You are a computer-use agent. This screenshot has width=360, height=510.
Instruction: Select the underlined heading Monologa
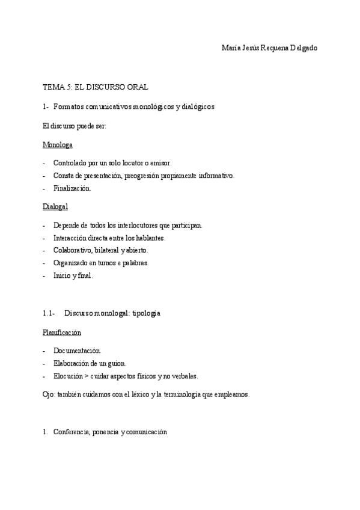[58, 145]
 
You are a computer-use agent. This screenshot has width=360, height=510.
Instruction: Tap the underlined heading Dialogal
[55, 207]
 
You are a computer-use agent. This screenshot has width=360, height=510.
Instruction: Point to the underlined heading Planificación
[62, 332]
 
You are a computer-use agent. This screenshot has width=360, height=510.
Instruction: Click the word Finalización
[72, 188]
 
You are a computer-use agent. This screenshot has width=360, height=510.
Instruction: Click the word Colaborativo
[72, 250]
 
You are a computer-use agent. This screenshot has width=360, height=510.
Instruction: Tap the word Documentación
[76, 351]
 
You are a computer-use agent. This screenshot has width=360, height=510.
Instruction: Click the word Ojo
[49, 395]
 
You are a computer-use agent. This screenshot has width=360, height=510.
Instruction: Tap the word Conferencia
[71, 432]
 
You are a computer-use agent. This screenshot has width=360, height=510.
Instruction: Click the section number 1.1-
[49, 313]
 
